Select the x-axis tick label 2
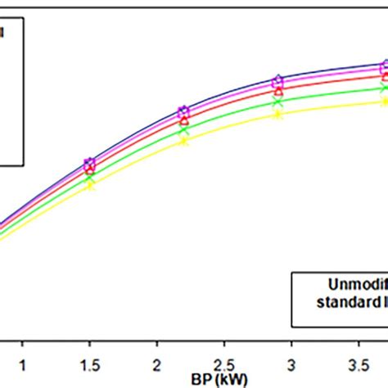point(156,363)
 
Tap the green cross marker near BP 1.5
point(89,178)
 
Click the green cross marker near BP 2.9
point(278,102)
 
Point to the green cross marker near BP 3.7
point(383,88)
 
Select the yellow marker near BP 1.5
point(90,187)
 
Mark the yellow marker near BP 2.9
point(278,115)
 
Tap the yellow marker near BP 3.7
point(383,102)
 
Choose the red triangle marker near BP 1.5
point(89,169)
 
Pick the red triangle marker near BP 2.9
point(278,92)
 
